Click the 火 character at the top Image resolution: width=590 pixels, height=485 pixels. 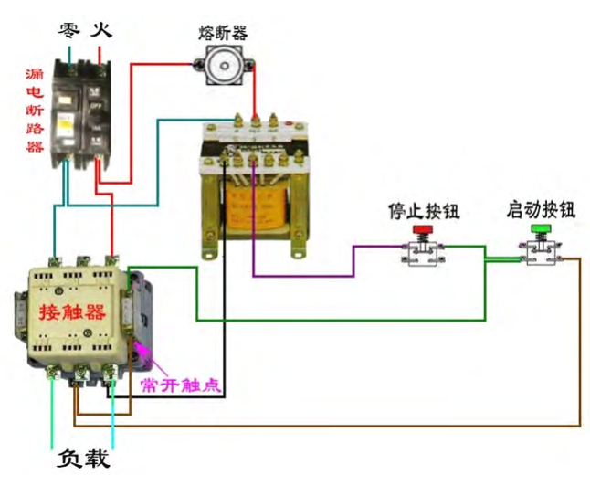102,29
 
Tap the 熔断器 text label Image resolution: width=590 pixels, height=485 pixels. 223,32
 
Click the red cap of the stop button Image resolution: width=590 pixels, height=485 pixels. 422,229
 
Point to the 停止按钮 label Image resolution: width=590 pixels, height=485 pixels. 423,212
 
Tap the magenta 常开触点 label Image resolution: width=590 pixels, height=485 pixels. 179,384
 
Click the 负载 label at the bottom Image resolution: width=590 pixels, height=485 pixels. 83,458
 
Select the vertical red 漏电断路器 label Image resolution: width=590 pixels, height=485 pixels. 35,110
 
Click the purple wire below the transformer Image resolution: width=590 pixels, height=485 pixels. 301,275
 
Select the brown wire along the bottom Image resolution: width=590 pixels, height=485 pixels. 329,426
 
